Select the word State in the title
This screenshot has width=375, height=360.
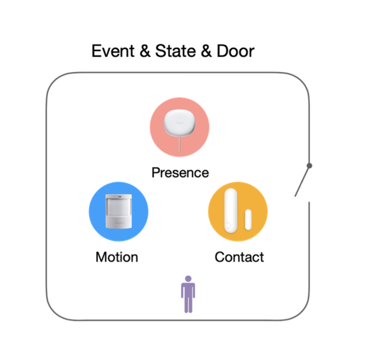(x=171, y=51)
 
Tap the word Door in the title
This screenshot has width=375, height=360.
(x=235, y=51)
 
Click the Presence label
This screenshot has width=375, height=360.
(x=180, y=172)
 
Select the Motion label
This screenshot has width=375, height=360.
(x=116, y=257)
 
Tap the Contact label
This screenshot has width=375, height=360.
(x=239, y=257)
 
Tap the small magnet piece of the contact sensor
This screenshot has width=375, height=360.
(x=249, y=219)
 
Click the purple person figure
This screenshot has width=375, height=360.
(x=188, y=294)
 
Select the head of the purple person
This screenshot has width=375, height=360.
(x=188, y=279)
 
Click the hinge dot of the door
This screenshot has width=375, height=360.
(x=309, y=166)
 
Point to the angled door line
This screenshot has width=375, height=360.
(x=302, y=181)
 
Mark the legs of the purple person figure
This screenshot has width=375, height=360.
(x=188, y=305)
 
